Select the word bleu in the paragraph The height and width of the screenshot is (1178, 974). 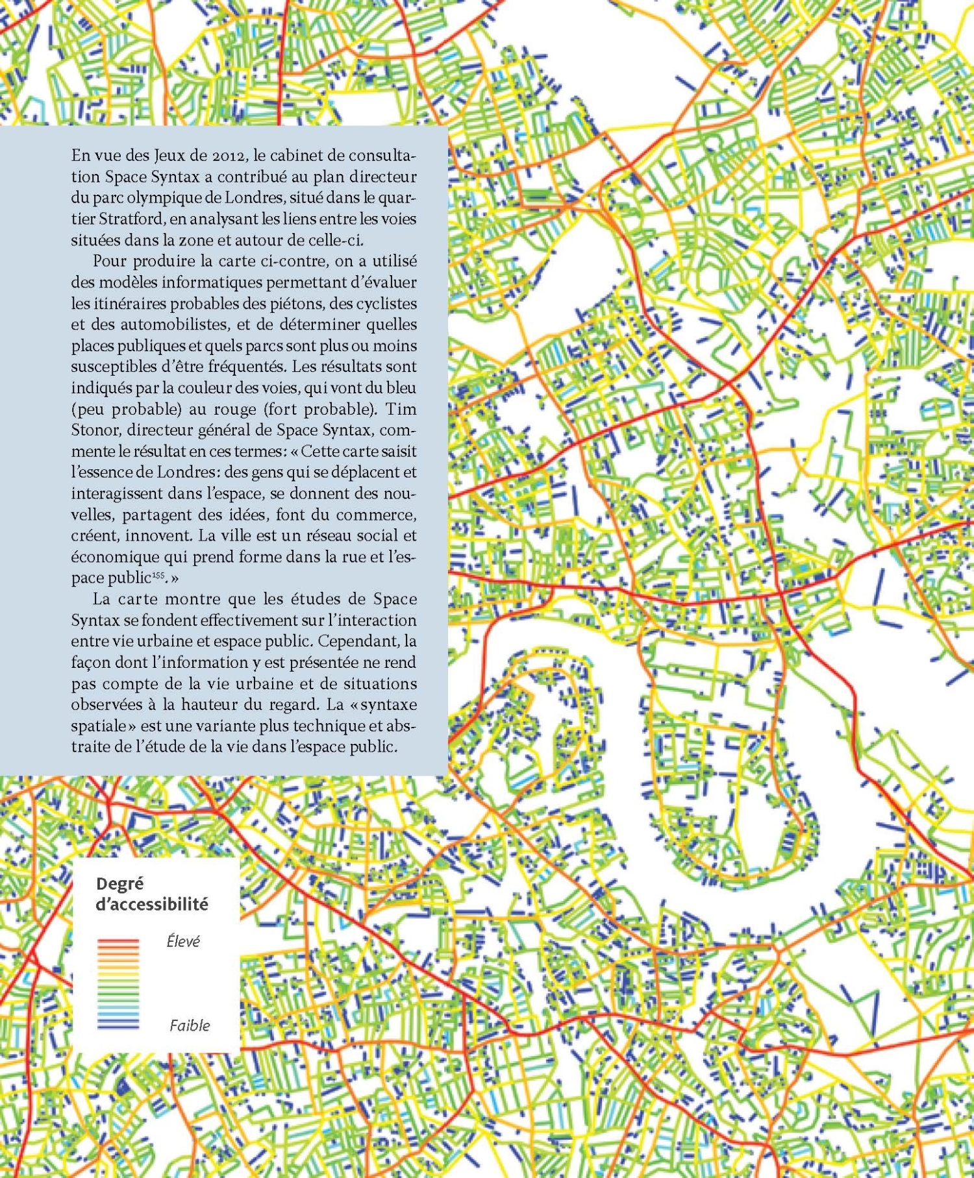click(401, 388)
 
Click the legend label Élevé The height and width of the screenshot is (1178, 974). click(183, 941)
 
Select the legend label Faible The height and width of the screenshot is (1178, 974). click(190, 1025)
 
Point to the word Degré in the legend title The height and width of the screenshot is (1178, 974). click(119, 884)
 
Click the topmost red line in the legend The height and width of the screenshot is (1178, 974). click(118, 940)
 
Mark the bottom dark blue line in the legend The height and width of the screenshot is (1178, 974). click(118, 1028)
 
